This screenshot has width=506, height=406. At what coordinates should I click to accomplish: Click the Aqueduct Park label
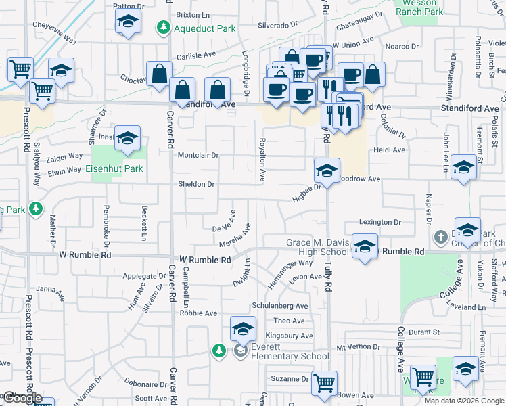[195, 28]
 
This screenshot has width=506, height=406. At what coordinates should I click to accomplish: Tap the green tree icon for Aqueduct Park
[163, 28]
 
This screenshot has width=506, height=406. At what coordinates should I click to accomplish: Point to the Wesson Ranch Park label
[419, 7]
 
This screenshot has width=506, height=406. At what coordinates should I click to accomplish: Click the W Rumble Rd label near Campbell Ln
[205, 259]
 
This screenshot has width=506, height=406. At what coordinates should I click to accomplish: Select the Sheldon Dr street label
[195, 184]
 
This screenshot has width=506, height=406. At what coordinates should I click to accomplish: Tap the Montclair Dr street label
[198, 155]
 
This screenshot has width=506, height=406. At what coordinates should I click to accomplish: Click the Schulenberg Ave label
[280, 306]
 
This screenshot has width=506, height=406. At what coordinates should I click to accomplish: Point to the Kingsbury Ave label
[289, 336]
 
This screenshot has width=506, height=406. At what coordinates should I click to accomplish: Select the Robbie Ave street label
[198, 313]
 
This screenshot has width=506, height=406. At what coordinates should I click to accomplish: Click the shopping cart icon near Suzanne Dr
[324, 383]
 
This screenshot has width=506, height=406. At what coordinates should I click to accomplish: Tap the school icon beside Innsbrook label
[127, 138]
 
